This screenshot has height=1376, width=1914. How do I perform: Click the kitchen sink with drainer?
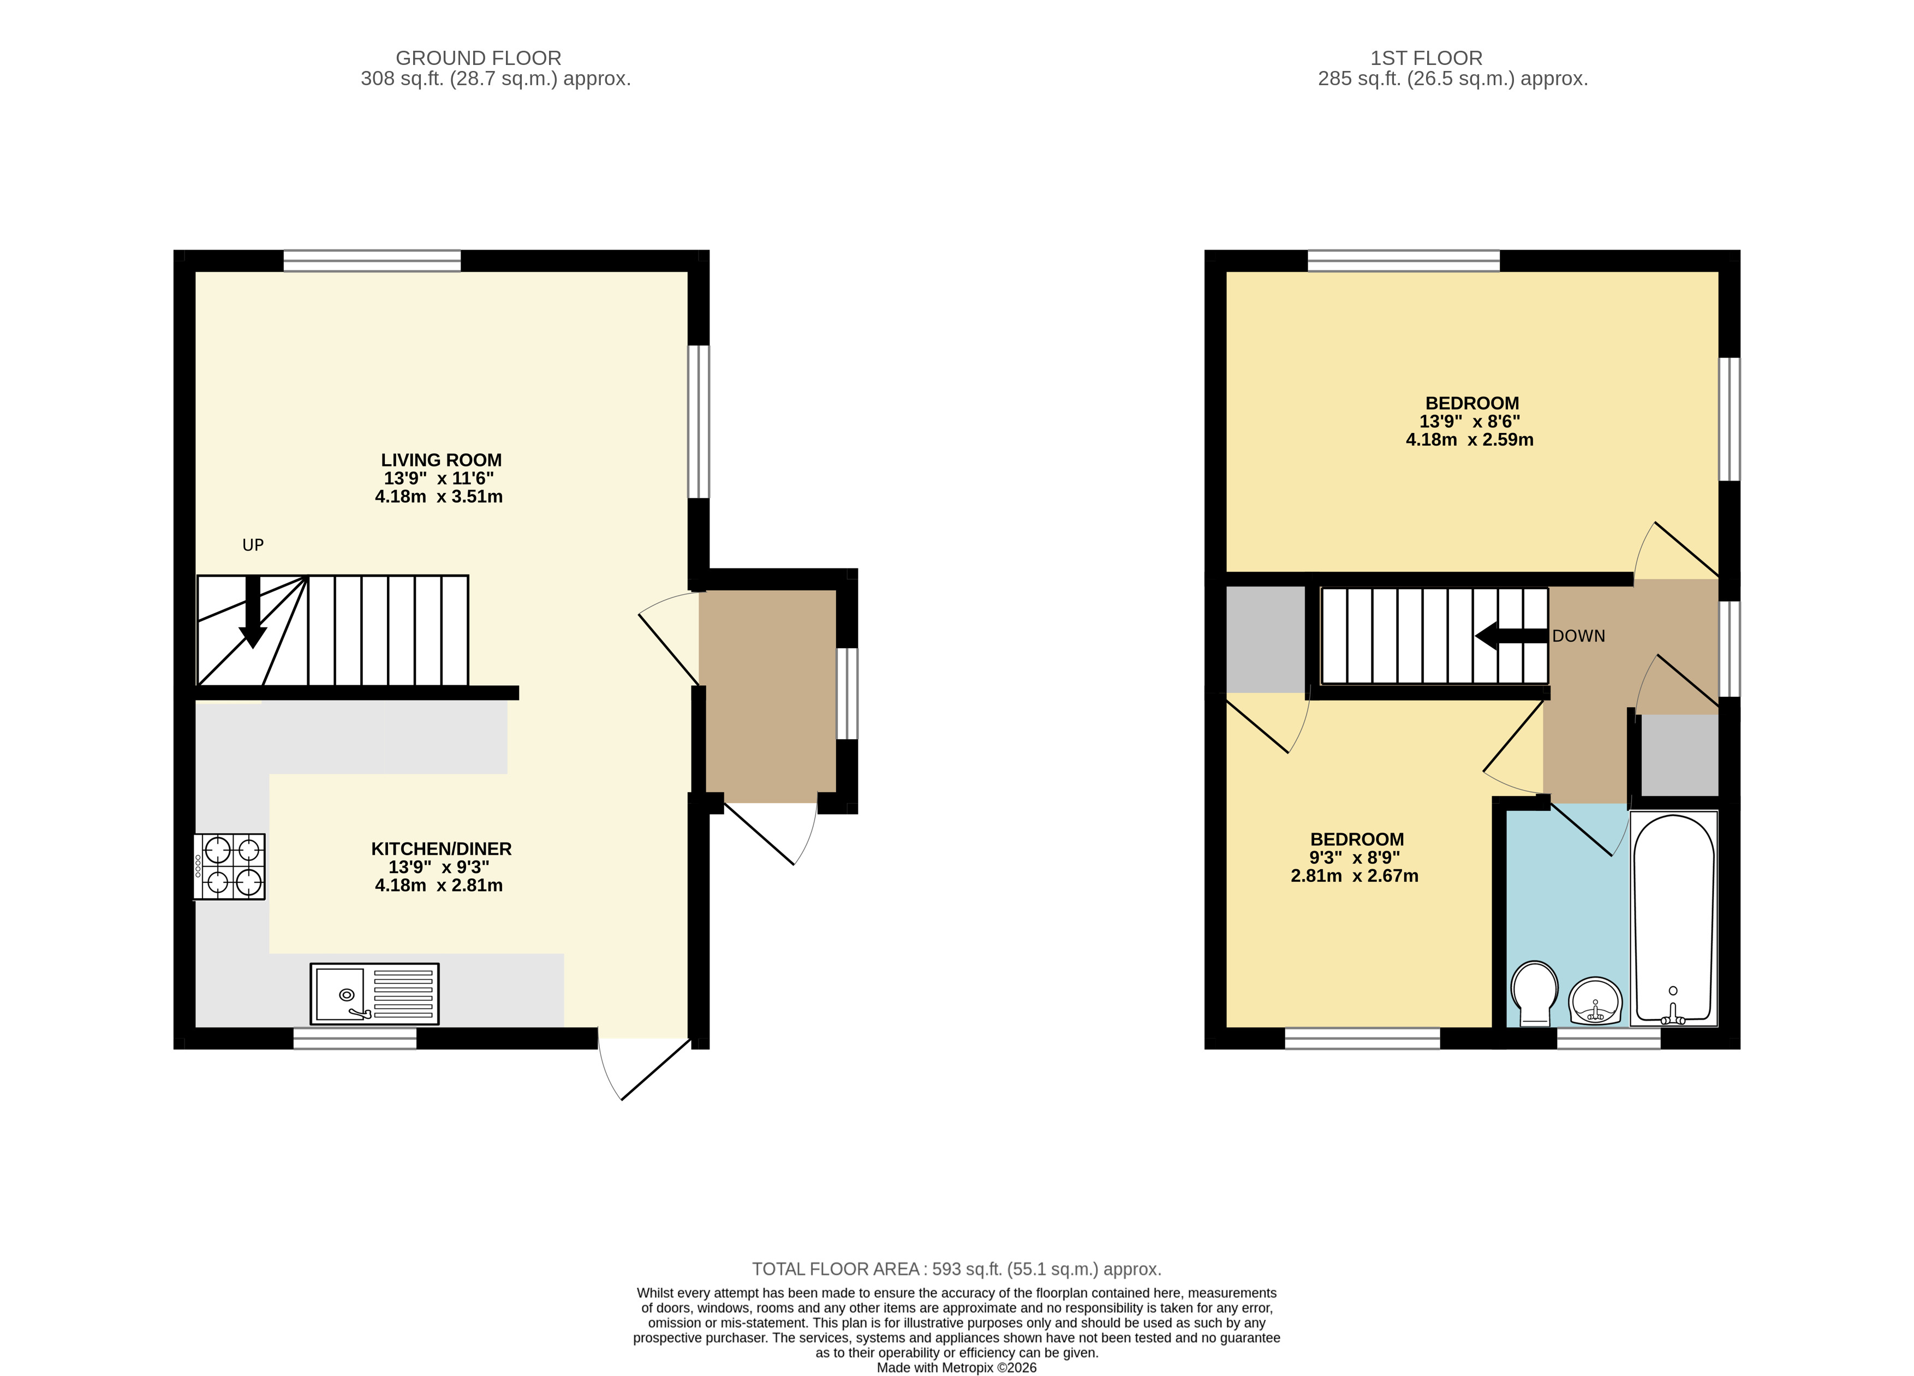(x=375, y=994)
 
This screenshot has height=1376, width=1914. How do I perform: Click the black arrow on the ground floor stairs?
(x=252, y=612)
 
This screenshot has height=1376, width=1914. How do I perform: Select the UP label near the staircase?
(x=253, y=545)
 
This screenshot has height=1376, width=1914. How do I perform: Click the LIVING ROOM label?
(x=442, y=460)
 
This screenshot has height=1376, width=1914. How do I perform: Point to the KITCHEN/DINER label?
(x=442, y=849)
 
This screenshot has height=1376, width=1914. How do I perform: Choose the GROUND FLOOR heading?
(x=479, y=58)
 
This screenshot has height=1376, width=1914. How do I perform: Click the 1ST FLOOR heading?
(x=1426, y=58)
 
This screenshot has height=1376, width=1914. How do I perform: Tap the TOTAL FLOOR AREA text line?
(x=957, y=1269)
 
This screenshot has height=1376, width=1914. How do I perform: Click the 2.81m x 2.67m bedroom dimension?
(x=1355, y=876)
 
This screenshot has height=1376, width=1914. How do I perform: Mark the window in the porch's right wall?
(x=847, y=693)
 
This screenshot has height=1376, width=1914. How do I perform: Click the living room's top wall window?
(x=372, y=261)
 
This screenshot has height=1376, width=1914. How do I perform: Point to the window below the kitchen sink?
(x=355, y=1039)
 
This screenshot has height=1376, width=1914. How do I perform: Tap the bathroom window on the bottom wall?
(x=1608, y=1039)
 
